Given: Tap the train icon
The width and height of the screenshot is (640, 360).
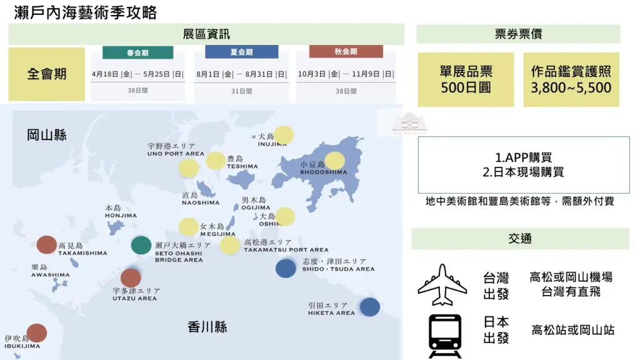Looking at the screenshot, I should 445,335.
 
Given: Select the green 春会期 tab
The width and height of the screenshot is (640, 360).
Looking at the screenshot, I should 137,52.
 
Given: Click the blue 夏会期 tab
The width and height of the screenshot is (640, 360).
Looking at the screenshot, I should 241,52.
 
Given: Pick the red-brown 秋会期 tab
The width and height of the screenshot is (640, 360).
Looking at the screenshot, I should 346,52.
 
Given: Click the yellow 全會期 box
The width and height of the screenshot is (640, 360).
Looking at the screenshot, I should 47,74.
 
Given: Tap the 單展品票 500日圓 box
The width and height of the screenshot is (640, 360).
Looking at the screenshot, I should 466,79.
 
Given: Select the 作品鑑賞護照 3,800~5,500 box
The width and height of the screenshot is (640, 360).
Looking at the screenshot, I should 571,79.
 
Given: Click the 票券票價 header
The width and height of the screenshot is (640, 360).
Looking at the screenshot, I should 518,34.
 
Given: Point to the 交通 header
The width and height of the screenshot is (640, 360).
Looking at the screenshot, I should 520,238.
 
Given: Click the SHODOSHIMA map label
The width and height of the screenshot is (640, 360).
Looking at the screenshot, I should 323,172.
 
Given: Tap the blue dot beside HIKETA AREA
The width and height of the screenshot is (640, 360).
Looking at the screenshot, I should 370,307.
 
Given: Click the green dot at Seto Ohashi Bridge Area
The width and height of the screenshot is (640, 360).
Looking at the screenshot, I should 141,245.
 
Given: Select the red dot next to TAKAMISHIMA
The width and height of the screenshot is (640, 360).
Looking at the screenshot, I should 47,245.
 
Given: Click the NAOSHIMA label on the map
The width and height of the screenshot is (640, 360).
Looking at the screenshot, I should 201,202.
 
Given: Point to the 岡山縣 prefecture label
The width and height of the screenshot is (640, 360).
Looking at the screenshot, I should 47,134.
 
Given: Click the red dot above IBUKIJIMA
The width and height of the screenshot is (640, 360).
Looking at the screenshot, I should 37,333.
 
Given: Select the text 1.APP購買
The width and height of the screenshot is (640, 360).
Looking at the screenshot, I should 523,157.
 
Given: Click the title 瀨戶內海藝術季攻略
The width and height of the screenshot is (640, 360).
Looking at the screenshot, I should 86,12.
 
